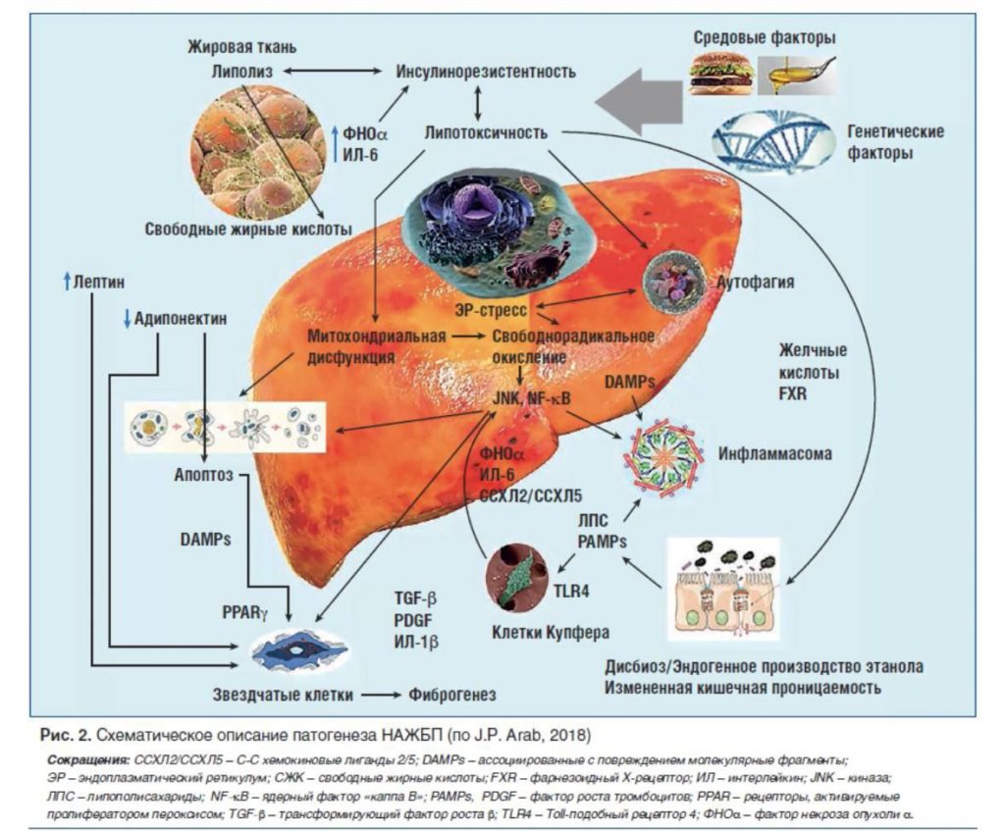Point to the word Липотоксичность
coord(486,132)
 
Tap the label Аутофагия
coord(756,283)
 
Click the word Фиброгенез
coord(450,695)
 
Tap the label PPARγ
coord(245,612)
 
